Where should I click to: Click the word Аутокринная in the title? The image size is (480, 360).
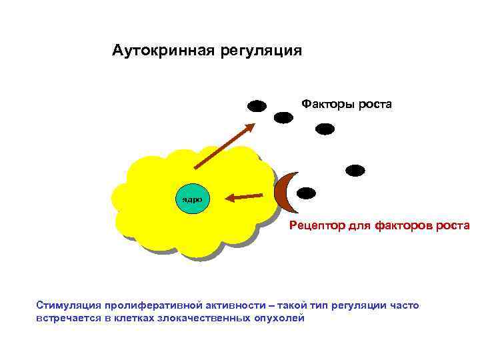point(157,51)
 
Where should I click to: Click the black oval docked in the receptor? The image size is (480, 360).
point(306,193)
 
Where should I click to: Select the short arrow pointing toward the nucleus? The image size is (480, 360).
point(243,197)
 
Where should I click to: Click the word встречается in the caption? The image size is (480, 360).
point(65,318)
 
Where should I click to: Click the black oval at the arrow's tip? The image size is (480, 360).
point(257,106)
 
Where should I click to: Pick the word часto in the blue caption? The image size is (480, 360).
point(404,305)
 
